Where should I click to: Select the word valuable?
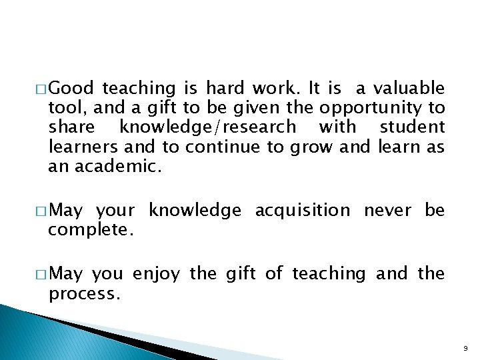(x=409, y=88)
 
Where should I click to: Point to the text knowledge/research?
(x=207, y=127)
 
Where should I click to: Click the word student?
(x=411, y=127)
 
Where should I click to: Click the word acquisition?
(x=303, y=211)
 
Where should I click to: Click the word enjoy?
(x=157, y=274)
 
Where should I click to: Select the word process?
(x=84, y=293)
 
